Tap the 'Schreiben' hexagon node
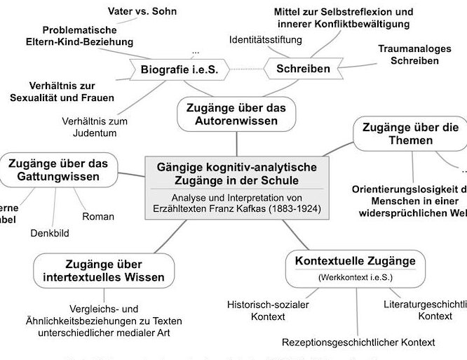pyautogui.click(x=303, y=69)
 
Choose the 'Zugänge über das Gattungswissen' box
pyautogui.click(x=58, y=170)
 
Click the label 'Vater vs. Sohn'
pyautogui.click(x=143, y=11)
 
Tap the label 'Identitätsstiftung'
pyautogui.click(x=266, y=39)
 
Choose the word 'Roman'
pyautogui.click(x=98, y=216)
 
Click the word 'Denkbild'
pyautogui.click(x=49, y=233)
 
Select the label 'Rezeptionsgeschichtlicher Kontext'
pyautogui.click(x=358, y=342)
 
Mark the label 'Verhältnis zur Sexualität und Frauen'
pyautogui.click(x=62, y=91)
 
